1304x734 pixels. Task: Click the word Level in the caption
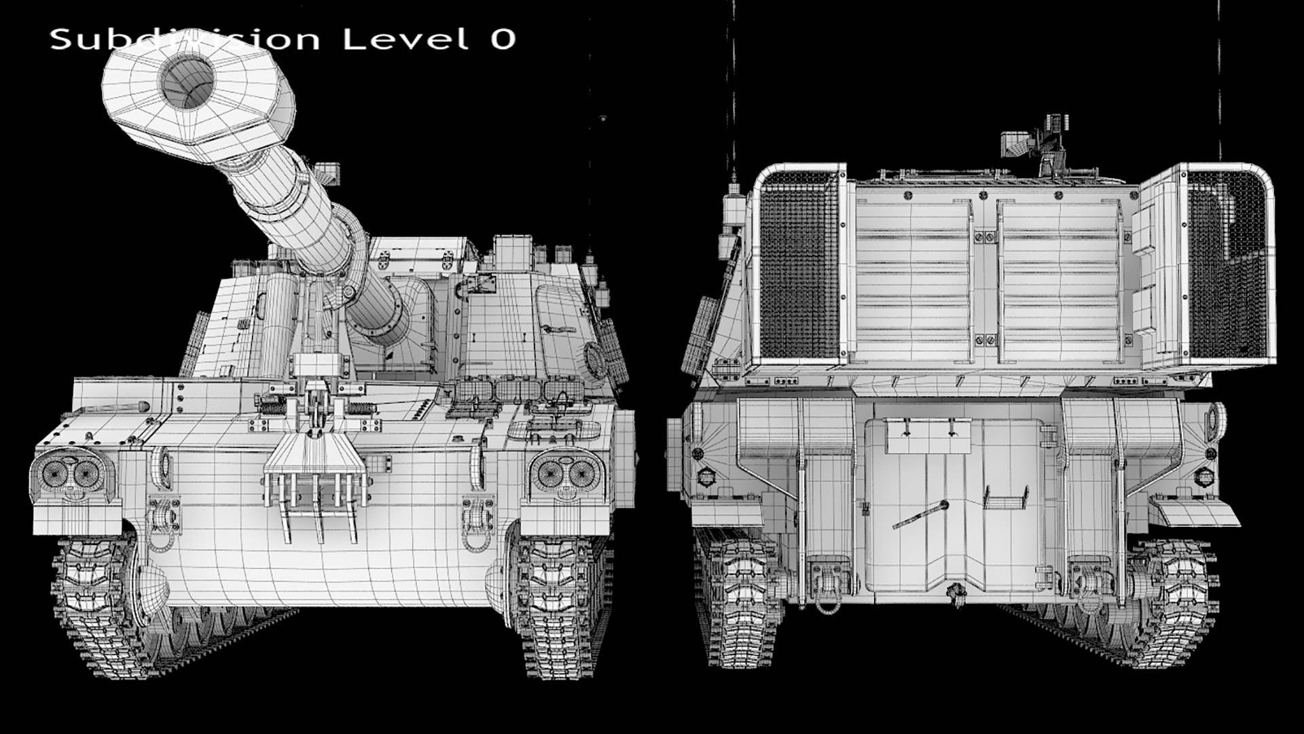[x=405, y=39]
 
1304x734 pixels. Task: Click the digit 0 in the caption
[x=503, y=39]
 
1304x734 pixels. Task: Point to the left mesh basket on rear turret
[x=796, y=265]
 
